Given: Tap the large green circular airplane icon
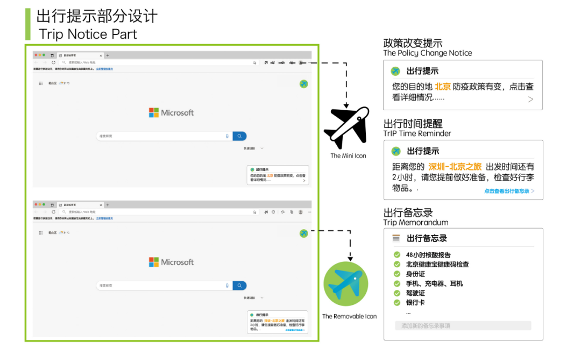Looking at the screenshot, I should click(345, 284).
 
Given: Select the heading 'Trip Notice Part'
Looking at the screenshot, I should click(88, 34).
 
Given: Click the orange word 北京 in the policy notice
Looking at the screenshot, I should click(442, 87).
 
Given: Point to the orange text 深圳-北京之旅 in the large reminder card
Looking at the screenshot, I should click(455, 167).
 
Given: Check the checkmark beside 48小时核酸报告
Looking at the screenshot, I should click(397, 255).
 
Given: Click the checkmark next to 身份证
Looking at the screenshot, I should click(397, 274).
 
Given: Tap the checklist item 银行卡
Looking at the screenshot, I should click(415, 303).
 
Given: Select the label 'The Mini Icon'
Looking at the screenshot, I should click(348, 156).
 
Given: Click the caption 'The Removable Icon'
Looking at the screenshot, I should click(349, 316).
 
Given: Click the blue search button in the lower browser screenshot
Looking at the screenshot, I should click(240, 286).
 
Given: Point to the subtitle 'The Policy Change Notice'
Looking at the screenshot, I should click(427, 53).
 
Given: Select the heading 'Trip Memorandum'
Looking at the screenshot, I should click(415, 223).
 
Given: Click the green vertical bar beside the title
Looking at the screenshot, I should click(28, 24).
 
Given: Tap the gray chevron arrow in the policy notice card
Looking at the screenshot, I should click(530, 99).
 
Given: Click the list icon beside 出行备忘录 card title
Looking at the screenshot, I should click(396, 238).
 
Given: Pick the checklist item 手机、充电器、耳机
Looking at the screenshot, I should click(434, 283).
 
